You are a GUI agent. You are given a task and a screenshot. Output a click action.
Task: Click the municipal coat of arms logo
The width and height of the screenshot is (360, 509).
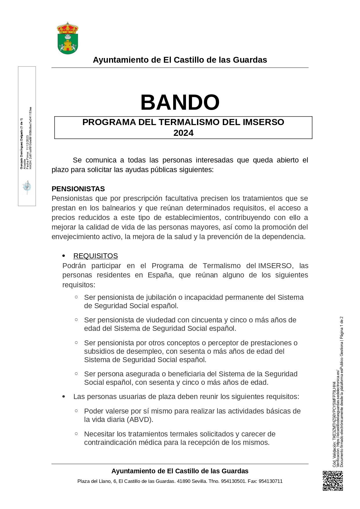(68, 38)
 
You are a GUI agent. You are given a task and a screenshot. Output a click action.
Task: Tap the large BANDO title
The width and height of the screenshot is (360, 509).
(180, 102)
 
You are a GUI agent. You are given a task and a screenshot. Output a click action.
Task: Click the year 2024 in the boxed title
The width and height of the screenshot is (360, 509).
(183, 133)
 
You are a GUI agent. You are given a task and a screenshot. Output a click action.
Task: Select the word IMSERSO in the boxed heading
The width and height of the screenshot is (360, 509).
(263, 122)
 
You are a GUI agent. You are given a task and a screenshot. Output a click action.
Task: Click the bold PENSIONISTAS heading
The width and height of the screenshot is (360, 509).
(78, 189)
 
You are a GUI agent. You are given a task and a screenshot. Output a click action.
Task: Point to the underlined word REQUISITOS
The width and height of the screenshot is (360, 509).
(95, 256)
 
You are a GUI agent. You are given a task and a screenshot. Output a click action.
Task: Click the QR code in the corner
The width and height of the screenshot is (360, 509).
(333, 481)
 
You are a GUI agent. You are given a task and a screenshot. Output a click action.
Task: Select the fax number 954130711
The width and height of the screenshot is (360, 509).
(271, 481)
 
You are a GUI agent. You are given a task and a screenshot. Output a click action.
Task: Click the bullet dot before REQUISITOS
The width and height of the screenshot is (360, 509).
(64, 256)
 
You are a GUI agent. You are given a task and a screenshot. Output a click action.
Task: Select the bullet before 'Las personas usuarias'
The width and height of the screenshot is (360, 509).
(64, 397)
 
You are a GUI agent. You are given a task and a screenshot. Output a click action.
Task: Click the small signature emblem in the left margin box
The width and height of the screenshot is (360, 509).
(27, 187)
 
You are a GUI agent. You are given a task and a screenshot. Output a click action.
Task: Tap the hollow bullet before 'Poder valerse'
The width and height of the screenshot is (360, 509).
(76, 411)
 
